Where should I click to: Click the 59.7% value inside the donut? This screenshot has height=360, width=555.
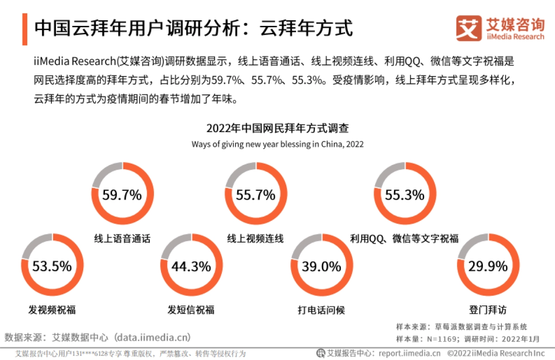(x=122, y=195)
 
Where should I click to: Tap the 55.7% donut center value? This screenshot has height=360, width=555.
(x=255, y=195)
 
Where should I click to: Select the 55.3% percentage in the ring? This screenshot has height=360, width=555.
(x=405, y=195)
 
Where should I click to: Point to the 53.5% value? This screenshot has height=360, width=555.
(x=52, y=266)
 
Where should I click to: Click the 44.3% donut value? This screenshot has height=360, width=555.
(x=191, y=266)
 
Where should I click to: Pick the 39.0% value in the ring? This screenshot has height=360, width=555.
(x=321, y=266)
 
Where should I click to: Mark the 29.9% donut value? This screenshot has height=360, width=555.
(x=488, y=266)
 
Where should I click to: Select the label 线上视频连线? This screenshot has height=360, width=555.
(x=255, y=239)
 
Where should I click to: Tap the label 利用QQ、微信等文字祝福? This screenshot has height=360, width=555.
(x=404, y=239)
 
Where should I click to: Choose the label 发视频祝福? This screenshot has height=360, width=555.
(x=52, y=310)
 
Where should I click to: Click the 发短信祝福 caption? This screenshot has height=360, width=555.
(x=191, y=310)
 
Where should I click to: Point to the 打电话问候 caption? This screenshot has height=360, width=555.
(x=321, y=310)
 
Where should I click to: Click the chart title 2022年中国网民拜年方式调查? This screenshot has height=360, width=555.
(x=277, y=128)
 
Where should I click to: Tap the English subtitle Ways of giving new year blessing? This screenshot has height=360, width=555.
(x=277, y=144)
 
